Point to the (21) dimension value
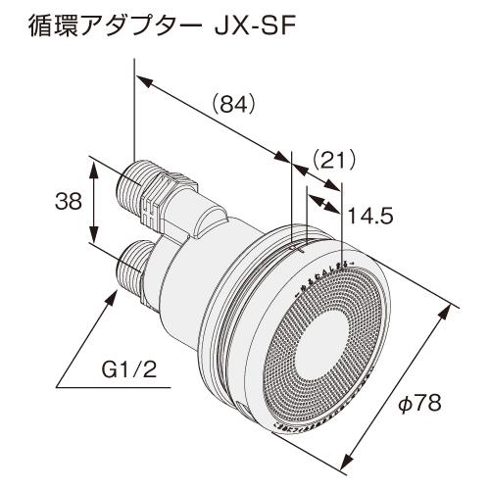pyautogui.click(x=330, y=159)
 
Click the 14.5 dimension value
pyautogui.click(x=367, y=216)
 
